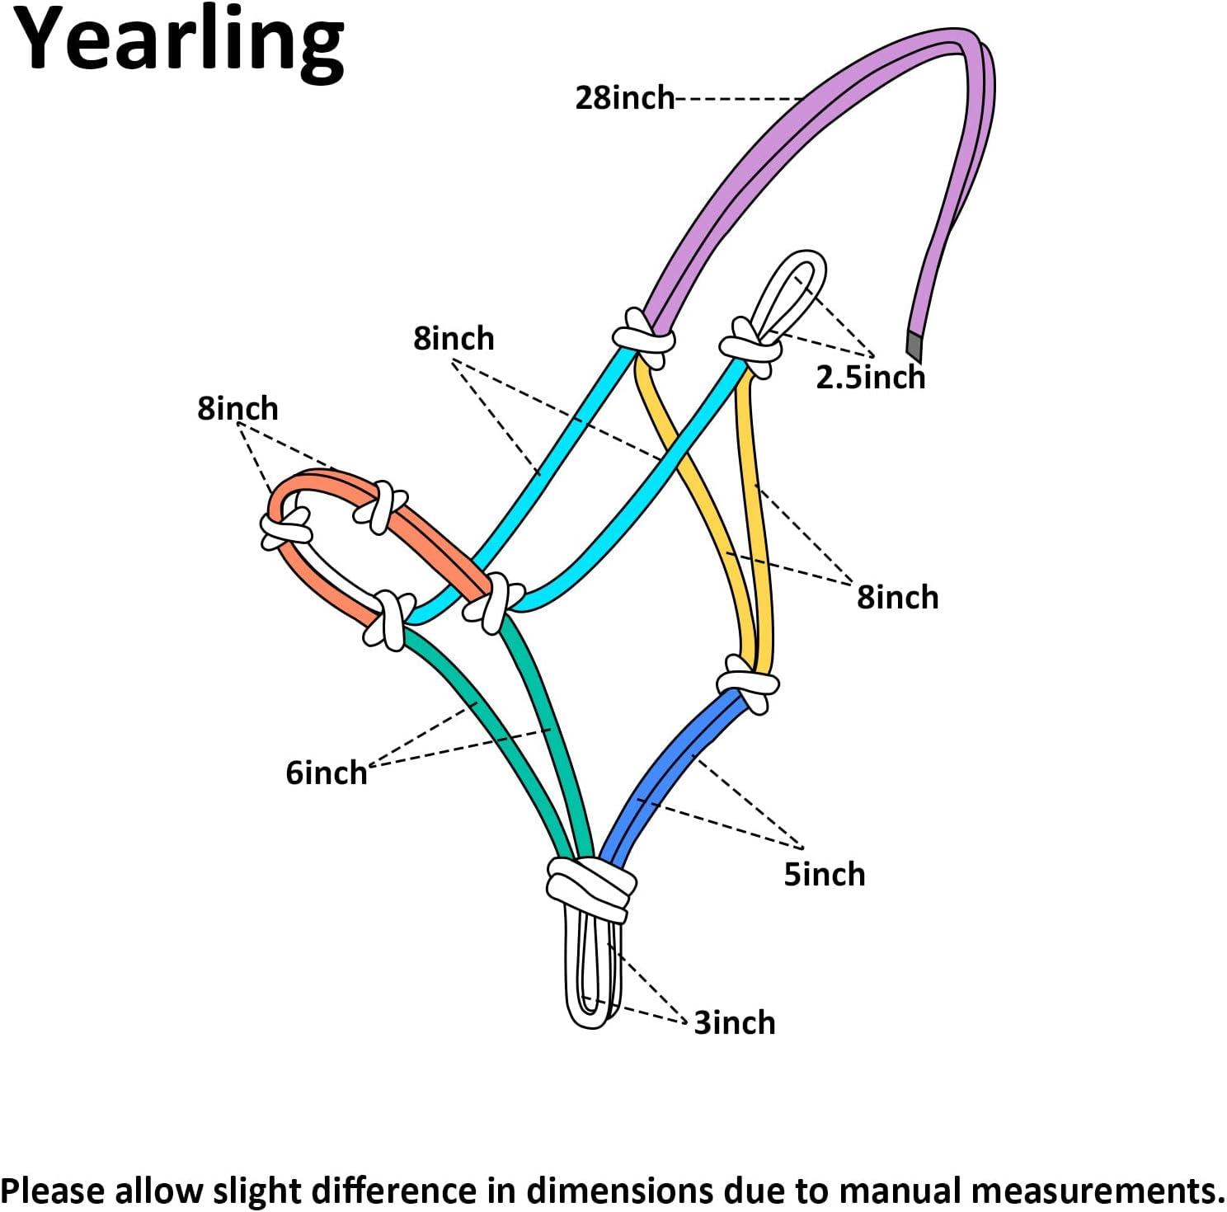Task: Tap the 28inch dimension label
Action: [x=624, y=98]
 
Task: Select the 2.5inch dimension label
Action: [x=870, y=377]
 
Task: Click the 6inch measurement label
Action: [x=327, y=773]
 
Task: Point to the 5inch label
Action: [x=824, y=874]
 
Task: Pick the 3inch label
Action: [x=735, y=1022]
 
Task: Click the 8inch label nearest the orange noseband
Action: [x=237, y=408]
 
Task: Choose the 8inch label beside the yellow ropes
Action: [x=897, y=597]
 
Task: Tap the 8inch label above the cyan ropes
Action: [x=454, y=338]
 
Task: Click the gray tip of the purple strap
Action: [x=914, y=345]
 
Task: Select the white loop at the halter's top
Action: [x=789, y=294]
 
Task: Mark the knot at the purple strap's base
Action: [x=644, y=338]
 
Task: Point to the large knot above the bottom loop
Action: [x=590, y=887]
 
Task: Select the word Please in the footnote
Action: [x=54, y=1191]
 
